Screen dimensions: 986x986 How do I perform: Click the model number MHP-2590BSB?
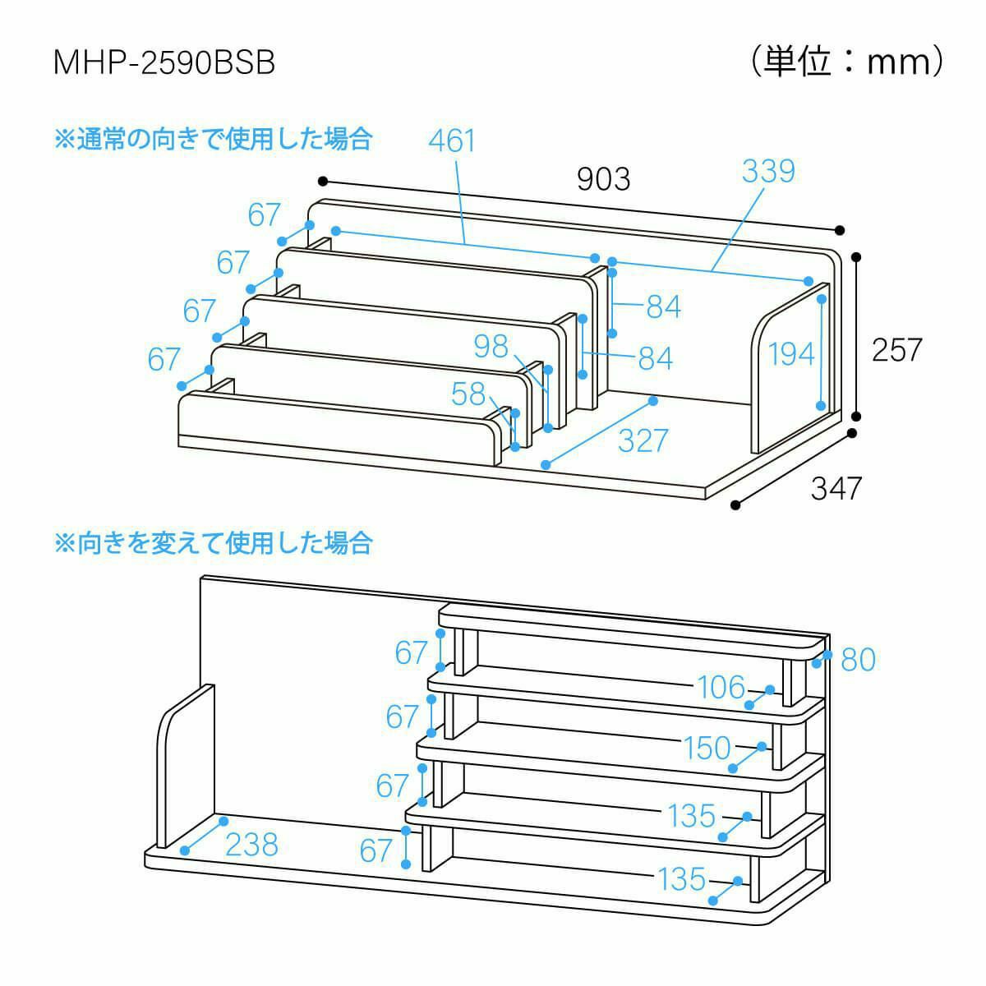coord(164,63)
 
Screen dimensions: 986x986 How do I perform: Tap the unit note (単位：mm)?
coord(847,62)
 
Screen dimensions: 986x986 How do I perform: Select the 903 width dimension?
coord(604,178)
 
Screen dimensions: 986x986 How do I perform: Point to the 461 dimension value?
coord(452,141)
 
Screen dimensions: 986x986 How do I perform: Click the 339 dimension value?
coord(768,171)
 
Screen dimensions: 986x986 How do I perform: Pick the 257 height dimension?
coord(896,350)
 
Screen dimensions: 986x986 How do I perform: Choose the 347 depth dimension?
coord(836,488)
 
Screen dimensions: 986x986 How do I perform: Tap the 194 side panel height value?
coord(791,354)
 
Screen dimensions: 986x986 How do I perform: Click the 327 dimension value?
coord(643,440)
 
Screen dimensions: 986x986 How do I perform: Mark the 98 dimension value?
coord(491,346)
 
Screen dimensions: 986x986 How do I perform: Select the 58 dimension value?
coord(468,394)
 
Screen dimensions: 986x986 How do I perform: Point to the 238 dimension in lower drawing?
coord(251,845)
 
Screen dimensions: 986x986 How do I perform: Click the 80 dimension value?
coord(859,659)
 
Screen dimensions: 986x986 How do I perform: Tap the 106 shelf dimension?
coord(721,687)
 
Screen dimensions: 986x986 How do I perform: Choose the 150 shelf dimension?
coord(707,748)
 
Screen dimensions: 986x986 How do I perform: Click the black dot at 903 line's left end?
coord(323,181)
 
